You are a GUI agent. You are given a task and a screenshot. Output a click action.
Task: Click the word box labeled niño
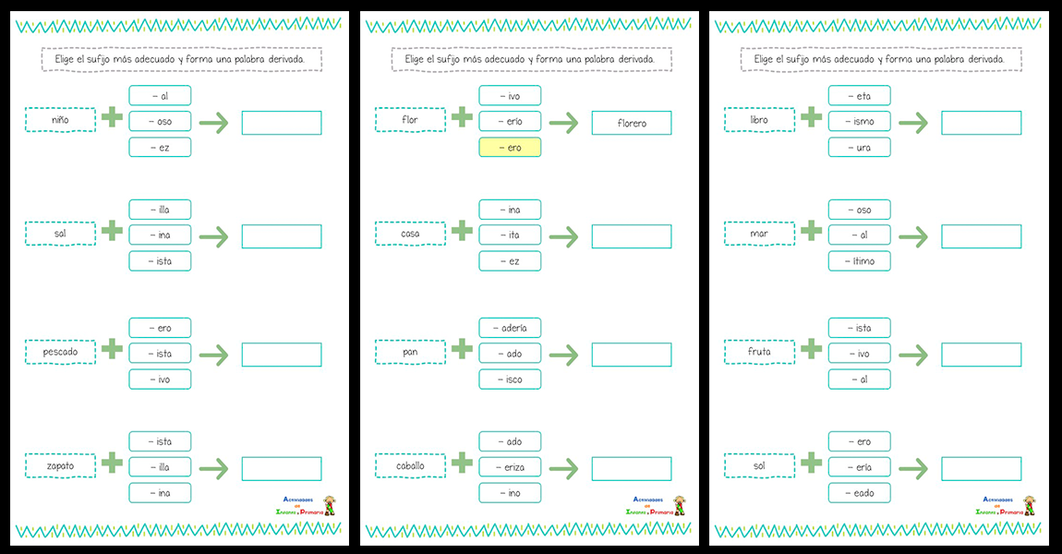[60, 120]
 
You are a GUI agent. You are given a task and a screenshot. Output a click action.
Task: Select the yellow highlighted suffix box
[510, 148]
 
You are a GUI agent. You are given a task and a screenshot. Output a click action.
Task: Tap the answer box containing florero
[632, 123]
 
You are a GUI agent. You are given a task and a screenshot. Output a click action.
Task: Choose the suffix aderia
[510, 328]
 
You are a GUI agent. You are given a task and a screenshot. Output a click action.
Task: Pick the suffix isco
[510, 379]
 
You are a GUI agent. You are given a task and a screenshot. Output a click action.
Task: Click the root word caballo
[410, 466]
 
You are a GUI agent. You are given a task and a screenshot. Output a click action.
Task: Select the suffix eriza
[510, 467]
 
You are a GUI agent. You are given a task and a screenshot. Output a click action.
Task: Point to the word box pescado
[60, 352]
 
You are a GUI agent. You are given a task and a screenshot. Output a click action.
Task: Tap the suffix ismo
[860, 121]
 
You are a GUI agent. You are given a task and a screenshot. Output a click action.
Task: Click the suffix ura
[860, 148]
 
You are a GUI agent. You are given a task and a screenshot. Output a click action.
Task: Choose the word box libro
[759, 120]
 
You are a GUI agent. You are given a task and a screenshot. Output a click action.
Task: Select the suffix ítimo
[860, 261]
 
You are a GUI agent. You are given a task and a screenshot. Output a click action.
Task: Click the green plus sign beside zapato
[112, 464]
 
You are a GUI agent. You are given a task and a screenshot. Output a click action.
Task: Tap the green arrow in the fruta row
[913, 354]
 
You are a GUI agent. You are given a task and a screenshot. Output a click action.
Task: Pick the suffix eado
[860, 493]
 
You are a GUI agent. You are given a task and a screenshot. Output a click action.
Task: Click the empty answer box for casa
[632, 236]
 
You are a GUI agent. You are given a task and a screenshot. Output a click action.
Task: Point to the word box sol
[759, 466]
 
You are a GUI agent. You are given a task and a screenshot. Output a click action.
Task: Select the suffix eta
[860, 95]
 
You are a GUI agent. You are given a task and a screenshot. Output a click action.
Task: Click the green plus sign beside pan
[462, 349]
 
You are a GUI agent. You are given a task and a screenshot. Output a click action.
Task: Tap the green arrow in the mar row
[913, 236]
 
